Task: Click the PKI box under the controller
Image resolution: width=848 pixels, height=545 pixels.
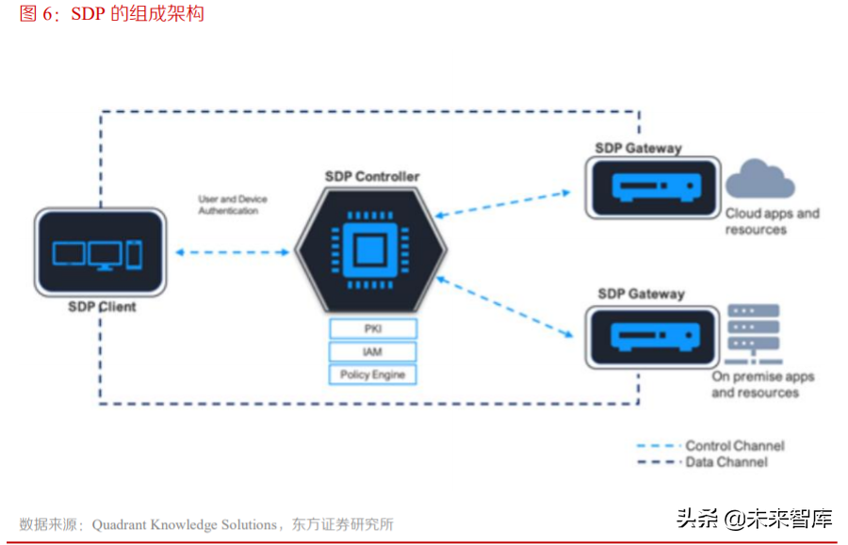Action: [x=372, y=329]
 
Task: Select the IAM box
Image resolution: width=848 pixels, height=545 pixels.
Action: [x=372, y=352]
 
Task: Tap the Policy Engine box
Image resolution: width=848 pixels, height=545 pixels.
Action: [x=372, y=375]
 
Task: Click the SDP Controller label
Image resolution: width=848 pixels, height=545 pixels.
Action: [x=372, y=176]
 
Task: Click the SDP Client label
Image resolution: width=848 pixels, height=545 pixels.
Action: [x=102, y=307]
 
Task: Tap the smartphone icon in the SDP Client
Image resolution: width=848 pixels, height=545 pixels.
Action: [x=134, y=253]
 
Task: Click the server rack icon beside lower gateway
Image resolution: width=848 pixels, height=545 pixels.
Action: [x=755, y=334]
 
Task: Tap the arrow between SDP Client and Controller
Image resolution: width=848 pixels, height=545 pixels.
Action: [x=232, y=252]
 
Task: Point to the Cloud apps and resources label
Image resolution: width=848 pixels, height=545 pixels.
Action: [x=772, y=221]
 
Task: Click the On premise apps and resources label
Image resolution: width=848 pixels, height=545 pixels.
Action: [x=762, y=384]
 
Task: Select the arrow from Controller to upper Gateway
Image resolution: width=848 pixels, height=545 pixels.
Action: [x=503, y=203]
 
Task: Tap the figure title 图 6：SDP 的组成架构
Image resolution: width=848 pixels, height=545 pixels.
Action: [x=111, y=13]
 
